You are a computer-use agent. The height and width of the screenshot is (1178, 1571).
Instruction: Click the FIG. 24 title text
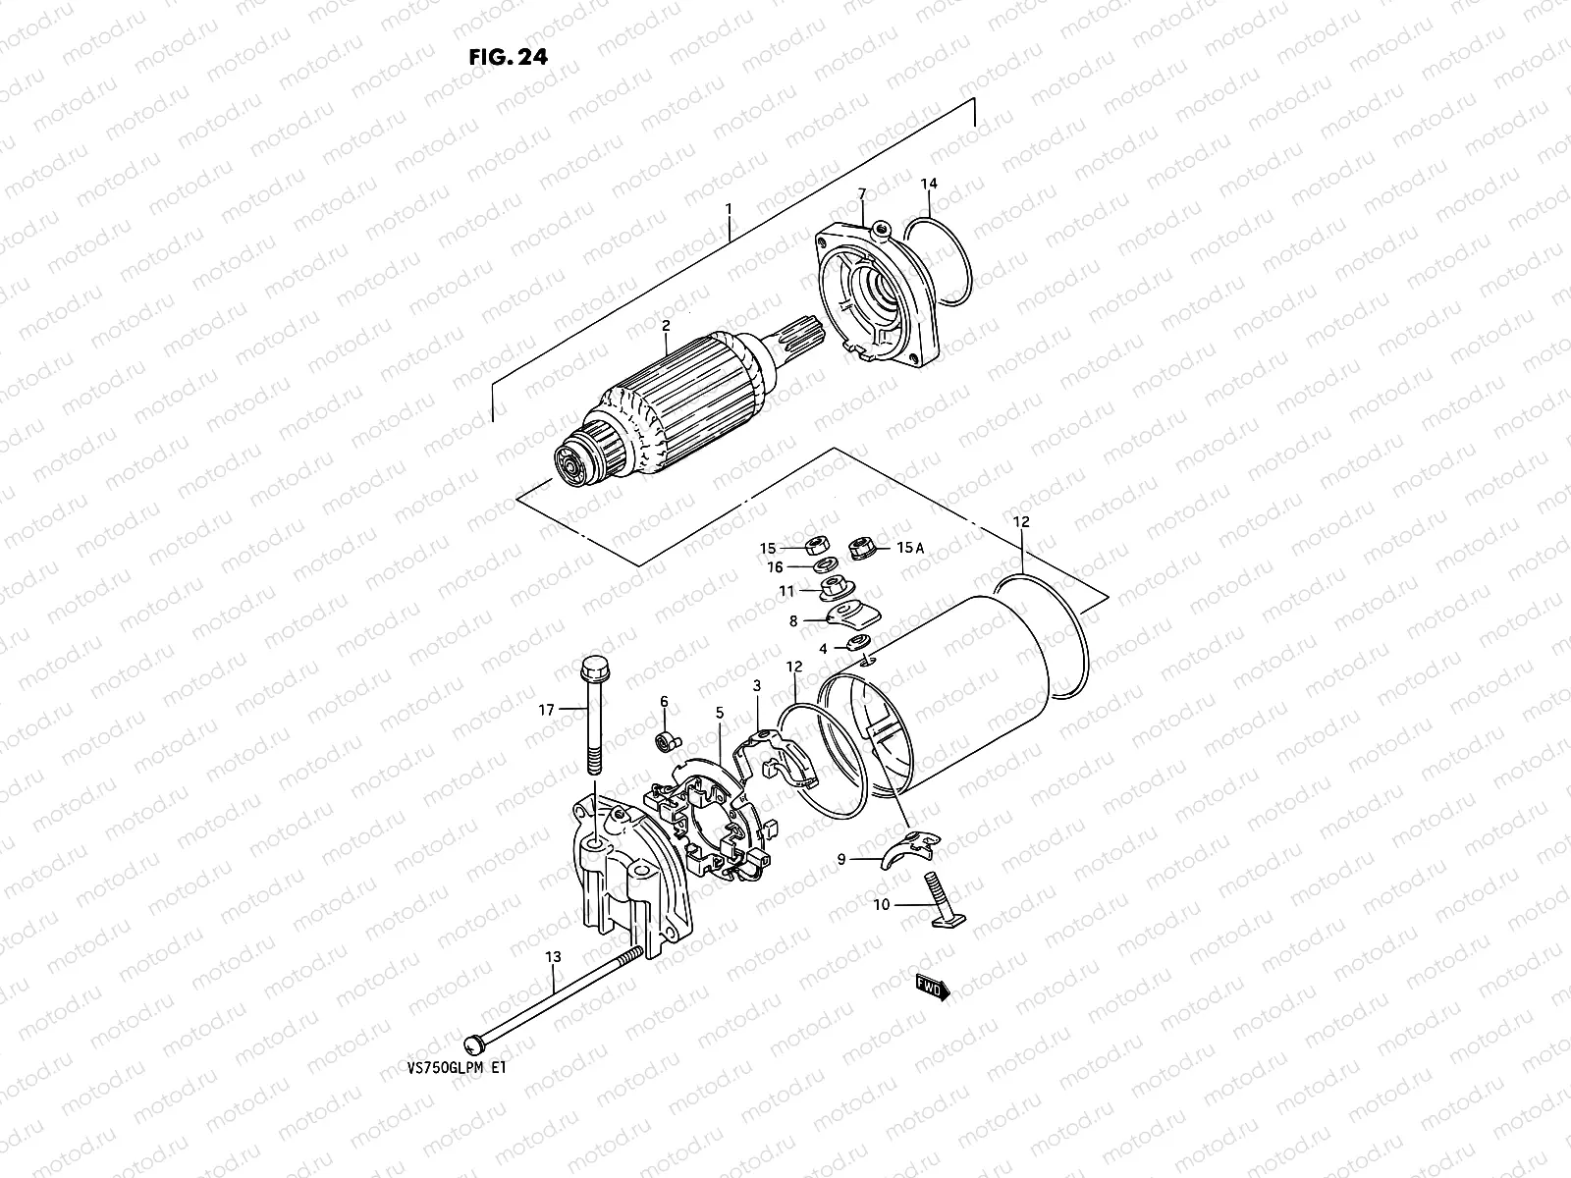(508, 56)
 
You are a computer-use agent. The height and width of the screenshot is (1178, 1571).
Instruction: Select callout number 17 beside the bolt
(547, 709)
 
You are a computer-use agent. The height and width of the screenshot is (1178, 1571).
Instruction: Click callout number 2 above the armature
(665, 325)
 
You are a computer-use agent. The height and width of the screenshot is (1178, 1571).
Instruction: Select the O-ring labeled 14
(940, 260)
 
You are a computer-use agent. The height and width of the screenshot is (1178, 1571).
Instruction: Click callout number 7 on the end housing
(861, 193)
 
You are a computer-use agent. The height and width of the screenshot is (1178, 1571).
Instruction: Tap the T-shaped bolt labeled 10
(940, 900)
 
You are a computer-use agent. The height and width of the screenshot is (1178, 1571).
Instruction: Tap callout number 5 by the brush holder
(719, 712)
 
